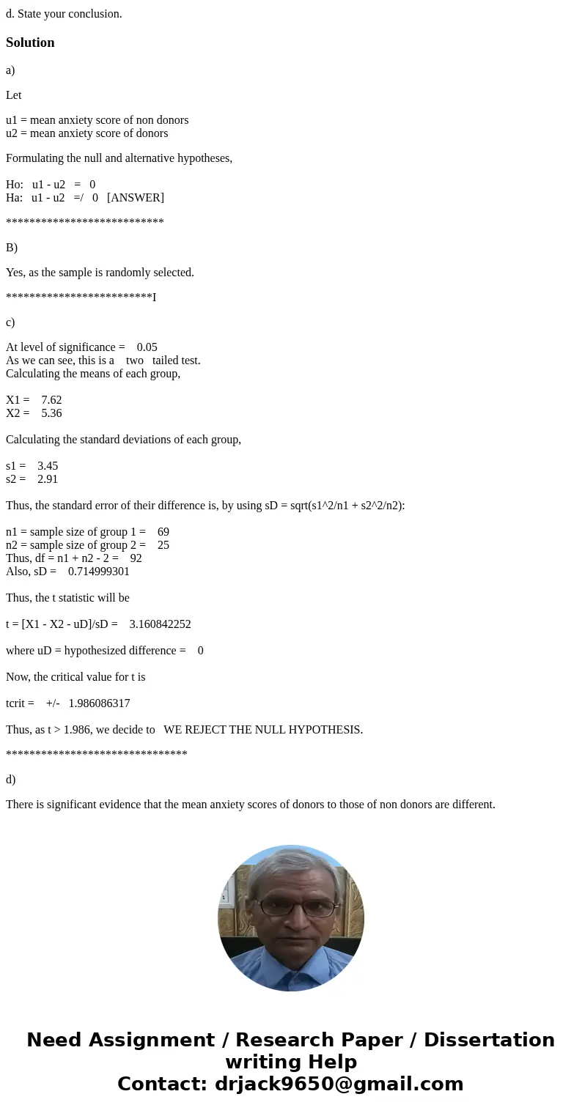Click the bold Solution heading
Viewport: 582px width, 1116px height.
30,43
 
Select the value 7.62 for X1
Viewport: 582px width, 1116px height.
51,400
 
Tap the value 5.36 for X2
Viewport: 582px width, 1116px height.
51,413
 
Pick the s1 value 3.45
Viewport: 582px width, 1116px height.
48,466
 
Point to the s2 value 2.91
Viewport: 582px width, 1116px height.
48,479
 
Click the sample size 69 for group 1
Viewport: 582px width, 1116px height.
163,532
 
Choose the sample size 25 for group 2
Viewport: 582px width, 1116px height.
163,545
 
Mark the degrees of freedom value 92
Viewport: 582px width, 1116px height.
136,558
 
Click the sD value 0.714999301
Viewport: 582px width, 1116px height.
99,572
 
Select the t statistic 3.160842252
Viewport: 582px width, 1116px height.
160,624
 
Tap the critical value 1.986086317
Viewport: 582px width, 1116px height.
99,703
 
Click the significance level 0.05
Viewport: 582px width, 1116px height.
147,347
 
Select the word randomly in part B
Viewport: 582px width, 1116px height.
128,273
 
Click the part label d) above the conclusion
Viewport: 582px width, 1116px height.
10,780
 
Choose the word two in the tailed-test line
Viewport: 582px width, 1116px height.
135,361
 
